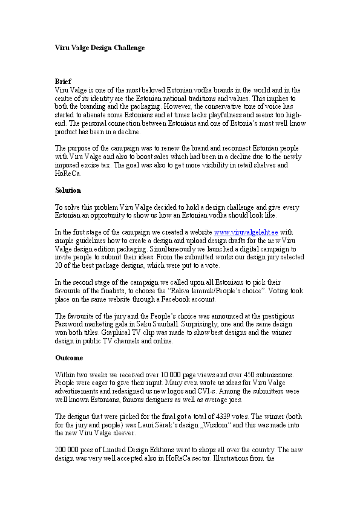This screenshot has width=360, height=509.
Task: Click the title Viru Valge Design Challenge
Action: coord(100,47)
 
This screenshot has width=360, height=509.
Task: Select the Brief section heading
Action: coord(63,81)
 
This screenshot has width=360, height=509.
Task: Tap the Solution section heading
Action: coord(68,190)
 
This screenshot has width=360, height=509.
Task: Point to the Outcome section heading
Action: coord(69,357)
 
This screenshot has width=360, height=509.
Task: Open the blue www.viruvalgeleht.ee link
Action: coord(246,232)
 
